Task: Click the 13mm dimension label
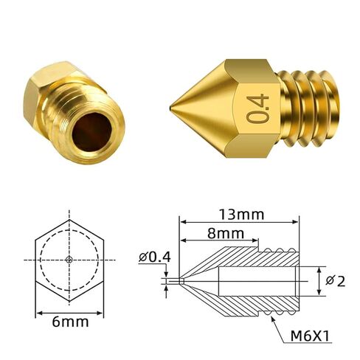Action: click(x=241, y=215)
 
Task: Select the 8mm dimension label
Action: click(x=226, y=233)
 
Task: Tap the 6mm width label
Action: click(x=70, y=322)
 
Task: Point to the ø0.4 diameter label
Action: click(x=154, y=257)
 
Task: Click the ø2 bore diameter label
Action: click(x=336, y=281)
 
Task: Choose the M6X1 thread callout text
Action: click(x=310, y=336)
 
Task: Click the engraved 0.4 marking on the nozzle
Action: click(x=257, y=108)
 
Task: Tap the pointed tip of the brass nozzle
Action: click(x=170, y=108)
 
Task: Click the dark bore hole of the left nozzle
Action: click(x=92, y=132)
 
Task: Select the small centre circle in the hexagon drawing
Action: click(x=69, y=260)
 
